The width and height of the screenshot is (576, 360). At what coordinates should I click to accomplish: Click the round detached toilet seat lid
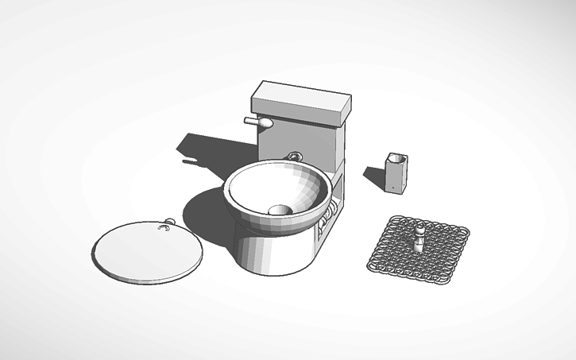146,250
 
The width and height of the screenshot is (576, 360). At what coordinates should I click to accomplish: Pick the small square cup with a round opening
396,173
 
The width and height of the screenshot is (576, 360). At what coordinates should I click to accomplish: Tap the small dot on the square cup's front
391,188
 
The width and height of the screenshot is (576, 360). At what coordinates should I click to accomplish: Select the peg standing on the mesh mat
419,238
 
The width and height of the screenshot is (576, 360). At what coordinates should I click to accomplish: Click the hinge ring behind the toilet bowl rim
296,156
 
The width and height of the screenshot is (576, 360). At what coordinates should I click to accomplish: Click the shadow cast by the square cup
375,176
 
